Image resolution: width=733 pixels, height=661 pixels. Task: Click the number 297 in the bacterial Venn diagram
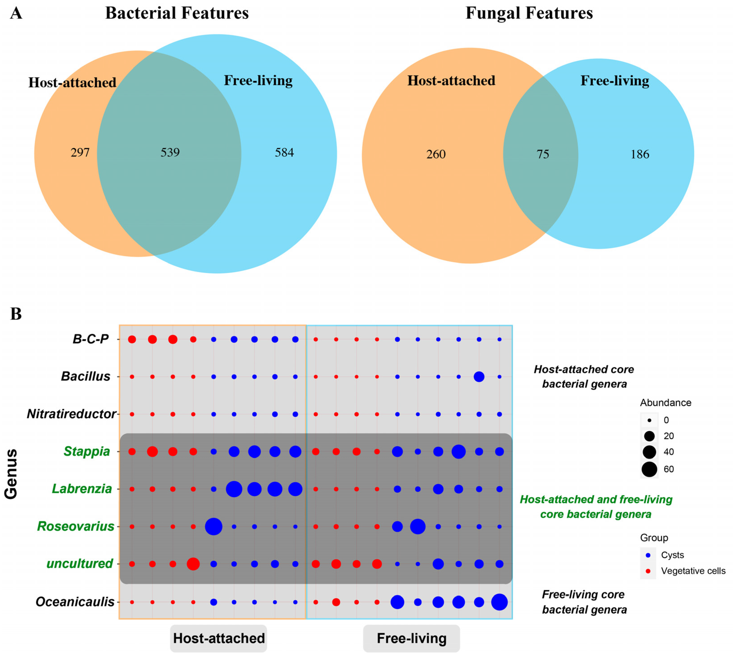tap(80, 152)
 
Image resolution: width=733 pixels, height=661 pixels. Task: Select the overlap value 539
tap(170, 152)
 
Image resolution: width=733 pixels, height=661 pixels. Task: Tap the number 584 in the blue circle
tap(284, 152)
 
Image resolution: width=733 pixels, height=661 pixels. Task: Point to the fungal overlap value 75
tap(543, 154)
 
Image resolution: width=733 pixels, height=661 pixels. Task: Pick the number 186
tap(640, 154)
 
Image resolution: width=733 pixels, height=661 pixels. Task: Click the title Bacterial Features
tap(177, 13)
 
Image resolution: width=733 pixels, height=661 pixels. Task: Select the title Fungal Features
tap(529, 13)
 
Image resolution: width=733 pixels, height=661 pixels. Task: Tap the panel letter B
tap(16, 314)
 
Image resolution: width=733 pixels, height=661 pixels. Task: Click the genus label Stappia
tap(86, 452)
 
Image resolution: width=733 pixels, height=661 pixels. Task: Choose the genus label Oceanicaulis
tap(75, 602)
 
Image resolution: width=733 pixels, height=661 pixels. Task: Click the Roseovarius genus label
tap(76, 526)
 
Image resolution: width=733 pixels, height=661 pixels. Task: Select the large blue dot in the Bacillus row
tap(479, 377)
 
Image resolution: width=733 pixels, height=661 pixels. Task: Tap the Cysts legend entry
tap(672, 555)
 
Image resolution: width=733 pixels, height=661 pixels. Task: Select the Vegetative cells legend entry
tap(693, 571)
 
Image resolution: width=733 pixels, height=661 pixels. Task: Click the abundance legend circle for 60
tap(649, 469)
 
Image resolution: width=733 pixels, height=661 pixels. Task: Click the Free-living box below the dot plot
tap(411, 638)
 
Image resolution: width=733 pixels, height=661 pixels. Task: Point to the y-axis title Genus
tap(11, 474)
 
